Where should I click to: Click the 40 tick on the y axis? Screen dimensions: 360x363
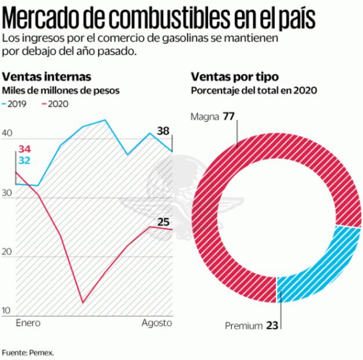point(8,133)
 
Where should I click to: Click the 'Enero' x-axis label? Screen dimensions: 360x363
point(28,322)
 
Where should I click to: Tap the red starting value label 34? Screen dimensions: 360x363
point(24,149)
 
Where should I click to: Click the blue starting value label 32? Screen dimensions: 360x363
point(24,161)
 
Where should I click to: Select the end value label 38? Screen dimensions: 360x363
point(163,131)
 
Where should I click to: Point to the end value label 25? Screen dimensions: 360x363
point(164,221)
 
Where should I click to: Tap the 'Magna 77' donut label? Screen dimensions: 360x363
point(212,116)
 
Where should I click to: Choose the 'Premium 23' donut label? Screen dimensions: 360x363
point(252,326)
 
